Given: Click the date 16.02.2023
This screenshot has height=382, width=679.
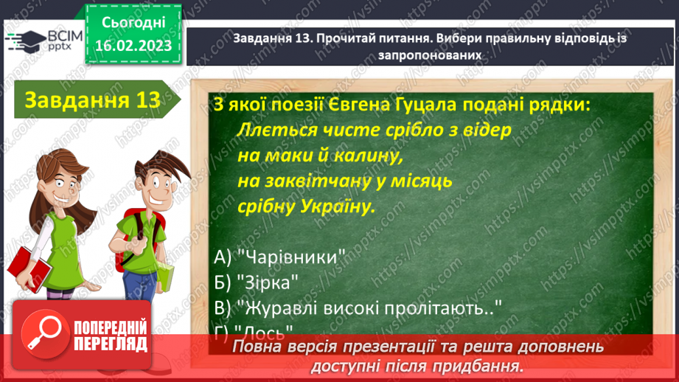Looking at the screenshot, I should [133, 46].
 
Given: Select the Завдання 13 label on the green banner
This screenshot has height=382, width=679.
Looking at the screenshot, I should [92, 100].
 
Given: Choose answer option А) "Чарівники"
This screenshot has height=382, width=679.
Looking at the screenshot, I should [280, 257].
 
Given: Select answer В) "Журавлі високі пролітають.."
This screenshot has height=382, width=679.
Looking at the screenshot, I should [353, 306].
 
